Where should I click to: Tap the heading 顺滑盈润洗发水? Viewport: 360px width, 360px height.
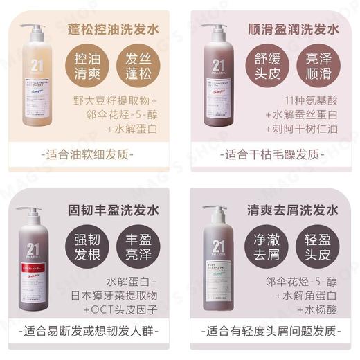[x=293, y=30]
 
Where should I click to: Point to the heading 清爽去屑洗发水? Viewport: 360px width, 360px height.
[x=293, y=208]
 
